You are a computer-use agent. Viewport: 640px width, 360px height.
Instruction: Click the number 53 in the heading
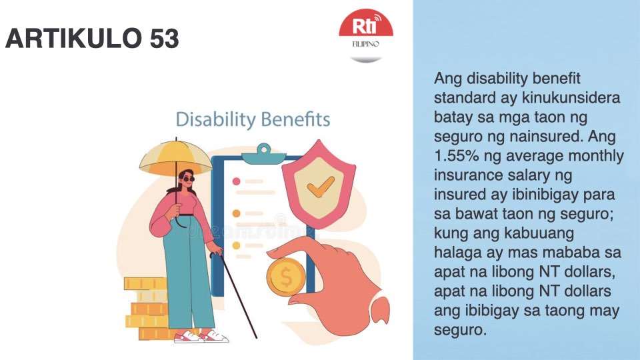[x=163, y=40]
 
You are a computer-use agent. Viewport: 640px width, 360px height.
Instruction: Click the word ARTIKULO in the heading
[x=74, y=40]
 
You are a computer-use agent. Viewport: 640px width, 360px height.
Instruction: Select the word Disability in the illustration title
[x=212, y=120]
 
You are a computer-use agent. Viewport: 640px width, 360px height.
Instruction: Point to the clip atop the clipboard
[x=261, y=152]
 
